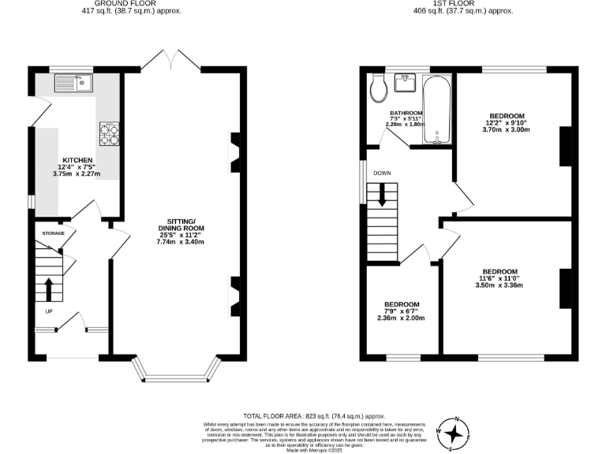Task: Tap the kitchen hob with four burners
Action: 109,134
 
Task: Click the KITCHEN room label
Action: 77,160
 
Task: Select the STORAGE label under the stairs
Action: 53,233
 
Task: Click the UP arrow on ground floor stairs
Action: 49,288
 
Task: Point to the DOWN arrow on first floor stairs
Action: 383,194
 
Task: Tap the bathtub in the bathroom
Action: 436,110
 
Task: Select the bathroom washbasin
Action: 407,80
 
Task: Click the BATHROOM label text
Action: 406,113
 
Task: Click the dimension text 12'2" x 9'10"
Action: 506,122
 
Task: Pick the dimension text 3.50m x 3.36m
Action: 499,285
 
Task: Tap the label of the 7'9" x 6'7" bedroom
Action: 402,304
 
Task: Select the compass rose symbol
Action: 454,433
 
